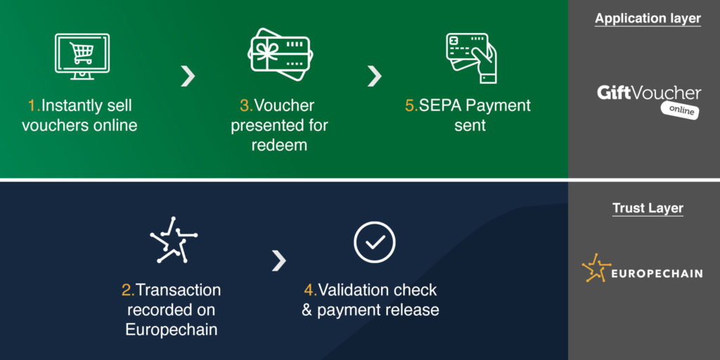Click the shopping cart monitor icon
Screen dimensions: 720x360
coord(82,56)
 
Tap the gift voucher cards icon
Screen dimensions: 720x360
coord(280,55)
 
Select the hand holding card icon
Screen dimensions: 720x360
coord(471,58)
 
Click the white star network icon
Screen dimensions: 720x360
coord(174,240)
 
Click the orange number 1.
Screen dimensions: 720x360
coord(34,105)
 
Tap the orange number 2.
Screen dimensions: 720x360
coord(128,290)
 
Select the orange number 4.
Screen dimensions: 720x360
coord(310,290)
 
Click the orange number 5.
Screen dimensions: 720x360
coord(411,105)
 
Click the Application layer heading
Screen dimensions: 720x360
coord(648,18)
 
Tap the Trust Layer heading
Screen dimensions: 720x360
coord(648,208)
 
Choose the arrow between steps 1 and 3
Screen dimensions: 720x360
coord(187,76)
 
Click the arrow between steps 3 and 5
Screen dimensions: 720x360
coord(374,76)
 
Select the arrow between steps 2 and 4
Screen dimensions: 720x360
coord(278,260)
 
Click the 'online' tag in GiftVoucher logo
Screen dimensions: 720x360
coord(681,110)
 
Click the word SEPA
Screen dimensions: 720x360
coord(440,105)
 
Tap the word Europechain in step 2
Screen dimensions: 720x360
coord(172,330)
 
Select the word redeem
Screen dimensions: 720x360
coord(279,145)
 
